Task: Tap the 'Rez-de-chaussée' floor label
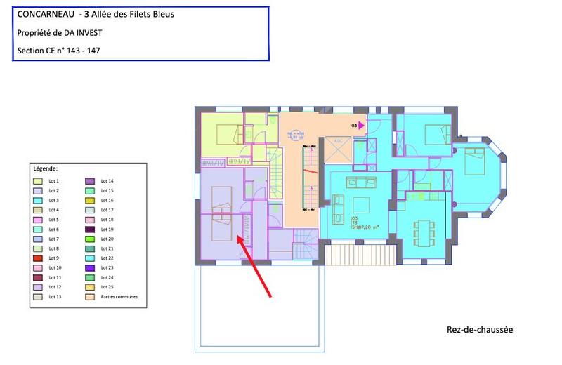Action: (x=479, y=329)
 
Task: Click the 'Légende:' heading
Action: (x=46, y=169)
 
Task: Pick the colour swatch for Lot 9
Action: (x=38, y=258)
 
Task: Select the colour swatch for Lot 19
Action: (x=91, y=230)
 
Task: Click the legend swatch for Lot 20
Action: (x=91, y=239)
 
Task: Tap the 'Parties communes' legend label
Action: (x=119, y=297)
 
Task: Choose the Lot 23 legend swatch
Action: (x=91, y=268)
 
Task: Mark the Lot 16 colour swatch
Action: (x=91, y=201)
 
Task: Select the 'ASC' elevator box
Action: (x=339, y=140)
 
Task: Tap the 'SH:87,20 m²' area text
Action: (x=365, y=227)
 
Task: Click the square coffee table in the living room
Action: (x=362, y=205)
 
